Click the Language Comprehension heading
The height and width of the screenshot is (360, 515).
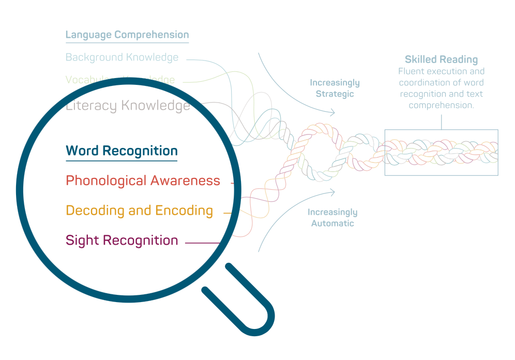127,35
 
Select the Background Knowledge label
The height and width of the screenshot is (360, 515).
122,57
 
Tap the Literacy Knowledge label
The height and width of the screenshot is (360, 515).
128,106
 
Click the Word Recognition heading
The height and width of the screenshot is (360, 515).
122,151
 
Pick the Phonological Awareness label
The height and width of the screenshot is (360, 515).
143,181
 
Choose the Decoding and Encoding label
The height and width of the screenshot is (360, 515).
139,211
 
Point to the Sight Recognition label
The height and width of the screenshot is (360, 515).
122,241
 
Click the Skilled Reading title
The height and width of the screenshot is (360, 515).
441,59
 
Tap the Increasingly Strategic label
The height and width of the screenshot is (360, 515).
335,88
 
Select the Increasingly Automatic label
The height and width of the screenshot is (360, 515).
332,218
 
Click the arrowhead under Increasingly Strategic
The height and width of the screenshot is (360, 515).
332,112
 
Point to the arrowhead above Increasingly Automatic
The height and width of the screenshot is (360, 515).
332,192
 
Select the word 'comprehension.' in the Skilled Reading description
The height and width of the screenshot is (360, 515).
441,105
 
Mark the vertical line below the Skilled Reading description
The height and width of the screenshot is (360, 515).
441,121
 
